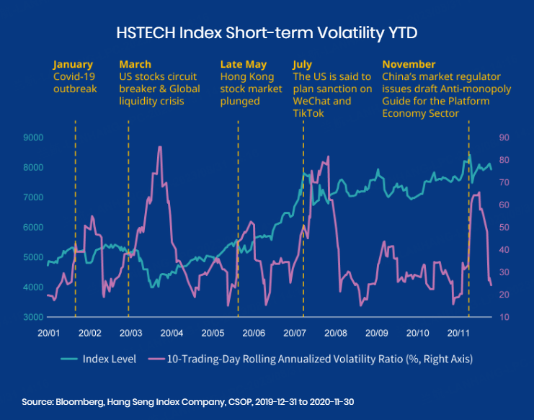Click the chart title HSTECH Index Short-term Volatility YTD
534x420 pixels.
point(267,33)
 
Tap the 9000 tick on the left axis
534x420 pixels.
point(33,137)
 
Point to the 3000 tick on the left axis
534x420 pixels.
point(33,317)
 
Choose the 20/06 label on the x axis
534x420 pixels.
point(254,334)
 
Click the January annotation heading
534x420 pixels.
point(74,64)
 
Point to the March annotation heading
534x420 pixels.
point(135,64)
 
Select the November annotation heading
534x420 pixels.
point(409,64)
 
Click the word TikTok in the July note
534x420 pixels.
point(309,113)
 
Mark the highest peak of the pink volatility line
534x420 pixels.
point(159,148)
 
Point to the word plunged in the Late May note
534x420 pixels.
point(240,101)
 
